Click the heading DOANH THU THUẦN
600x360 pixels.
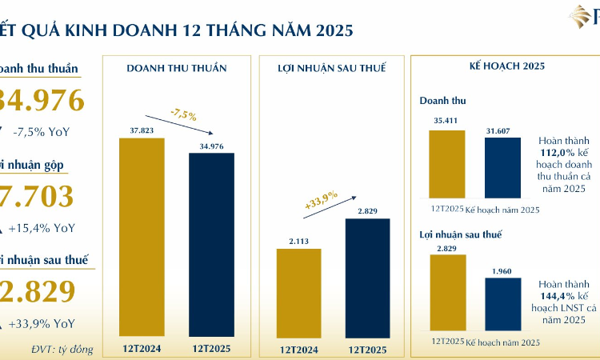tap(177, 68)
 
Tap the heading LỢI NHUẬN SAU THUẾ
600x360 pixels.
tap(333, 68)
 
